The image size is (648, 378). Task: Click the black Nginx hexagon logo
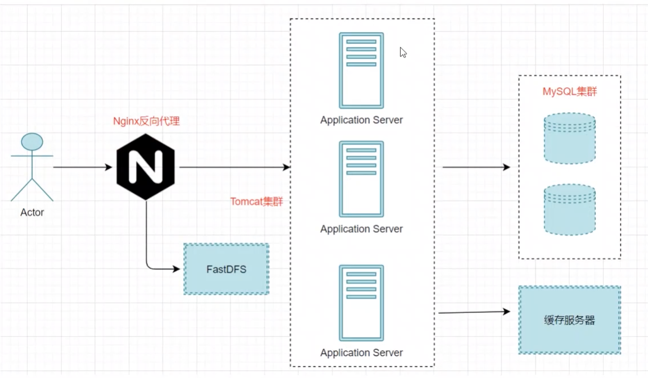(x=145, y=167)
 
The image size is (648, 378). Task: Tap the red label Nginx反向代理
(x=146, y=121)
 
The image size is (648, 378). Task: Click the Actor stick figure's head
(x=32, y=142)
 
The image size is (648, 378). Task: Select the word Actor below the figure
(x=32, y=212)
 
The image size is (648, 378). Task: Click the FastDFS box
(x=226, y=269)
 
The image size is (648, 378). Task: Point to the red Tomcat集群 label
(x=256, y=202)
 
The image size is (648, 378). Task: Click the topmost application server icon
(x=361, y=70)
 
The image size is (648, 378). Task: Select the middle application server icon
(x=361, y=179)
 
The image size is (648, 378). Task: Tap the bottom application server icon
(x=361, y=302)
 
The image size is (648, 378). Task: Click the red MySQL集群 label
(x=569, y=92)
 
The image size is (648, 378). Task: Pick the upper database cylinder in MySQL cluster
(x=570, y=138)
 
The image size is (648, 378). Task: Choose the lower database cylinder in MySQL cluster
(x=570, y=209)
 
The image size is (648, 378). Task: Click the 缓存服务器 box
(x=569, y=320)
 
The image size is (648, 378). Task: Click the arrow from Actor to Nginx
(x=82, y=167)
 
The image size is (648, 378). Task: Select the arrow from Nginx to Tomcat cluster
(x=234, y=167)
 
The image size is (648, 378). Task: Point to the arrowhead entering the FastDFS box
(x=177, y=269)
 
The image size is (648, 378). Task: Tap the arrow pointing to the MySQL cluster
(x=476, y=167)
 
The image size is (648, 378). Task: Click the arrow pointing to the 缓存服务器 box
(x=474, y=312)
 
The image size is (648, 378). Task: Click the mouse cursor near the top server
(x=403, y=52)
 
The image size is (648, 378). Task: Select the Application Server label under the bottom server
(x=361, y=353)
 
